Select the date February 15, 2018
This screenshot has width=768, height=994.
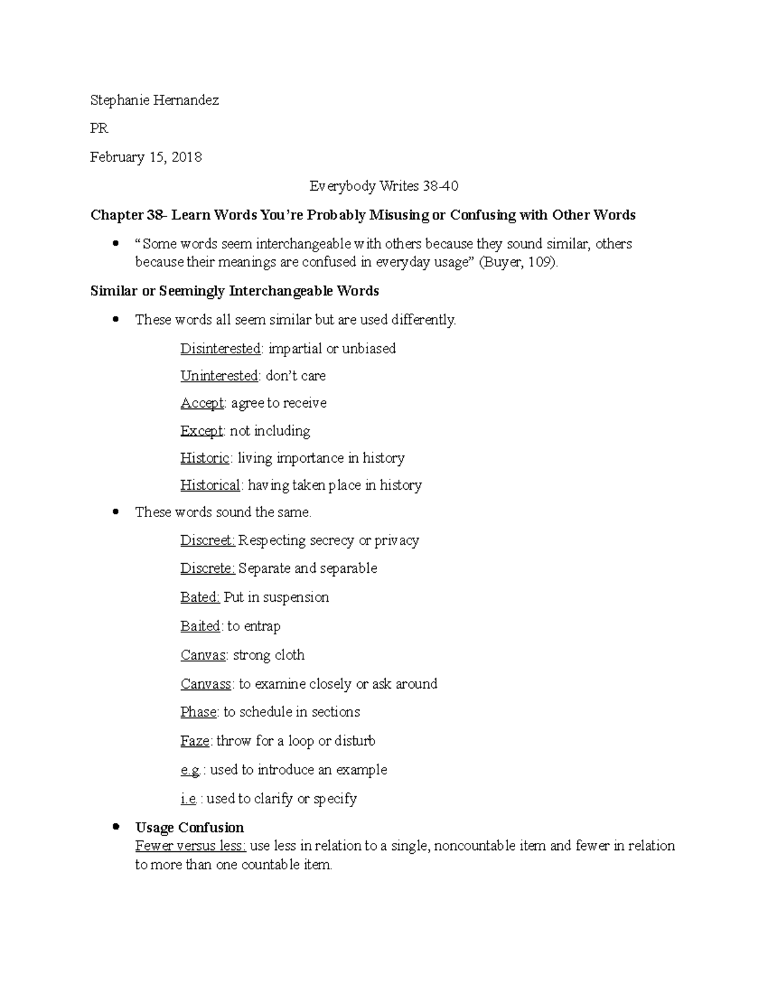click(146, 157)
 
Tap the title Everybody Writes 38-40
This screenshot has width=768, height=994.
click(384, 186)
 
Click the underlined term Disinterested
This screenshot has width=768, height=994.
click(221, 349)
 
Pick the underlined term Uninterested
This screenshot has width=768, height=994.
click(219, 376)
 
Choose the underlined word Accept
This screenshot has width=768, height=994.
click(202, 403)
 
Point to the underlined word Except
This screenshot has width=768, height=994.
click(202, 431)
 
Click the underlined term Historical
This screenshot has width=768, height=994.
click(210, 485)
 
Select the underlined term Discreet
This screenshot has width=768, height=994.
click(207, 541)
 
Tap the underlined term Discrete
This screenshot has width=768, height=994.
click(207, 568)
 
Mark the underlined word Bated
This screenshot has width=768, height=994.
click(200, 597)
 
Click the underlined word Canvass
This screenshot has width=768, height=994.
click(205, 684)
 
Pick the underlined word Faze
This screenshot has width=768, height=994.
click(195, 741)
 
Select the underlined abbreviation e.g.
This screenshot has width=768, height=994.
click(190, 770)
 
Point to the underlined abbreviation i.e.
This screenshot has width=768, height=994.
click(188, 799)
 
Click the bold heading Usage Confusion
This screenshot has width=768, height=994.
click(189, 828)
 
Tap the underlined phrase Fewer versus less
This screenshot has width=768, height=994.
click(190, 846)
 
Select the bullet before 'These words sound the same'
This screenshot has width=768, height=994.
click(115, 512)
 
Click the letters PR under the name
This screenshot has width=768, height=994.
click(99, 129)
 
